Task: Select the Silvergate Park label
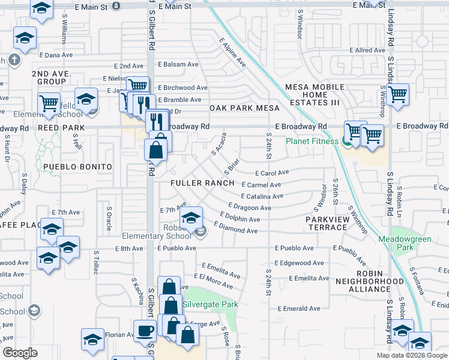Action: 210,304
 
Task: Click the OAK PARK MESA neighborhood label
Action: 245,108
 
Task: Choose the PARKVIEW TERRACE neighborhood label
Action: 331,224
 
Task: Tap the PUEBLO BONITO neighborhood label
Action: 77,166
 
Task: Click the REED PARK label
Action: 59,128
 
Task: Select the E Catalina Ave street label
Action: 262,196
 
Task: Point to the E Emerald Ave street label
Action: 298,308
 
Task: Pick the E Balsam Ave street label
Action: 178,64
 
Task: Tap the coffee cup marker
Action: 145,330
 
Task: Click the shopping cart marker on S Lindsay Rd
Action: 397,94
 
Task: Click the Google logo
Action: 20,353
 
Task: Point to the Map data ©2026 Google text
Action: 411,355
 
